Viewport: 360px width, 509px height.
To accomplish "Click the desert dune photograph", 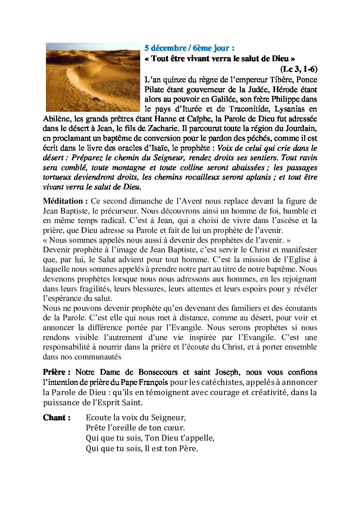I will coord(93,77).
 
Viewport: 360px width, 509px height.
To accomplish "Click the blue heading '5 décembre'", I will coord(165,48).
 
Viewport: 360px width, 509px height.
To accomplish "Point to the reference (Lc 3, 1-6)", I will coord(299,69).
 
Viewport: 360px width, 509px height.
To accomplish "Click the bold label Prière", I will coord(56,372).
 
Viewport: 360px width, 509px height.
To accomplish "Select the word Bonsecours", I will coord(158,372).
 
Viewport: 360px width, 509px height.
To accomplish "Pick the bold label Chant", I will coord(56,418).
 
